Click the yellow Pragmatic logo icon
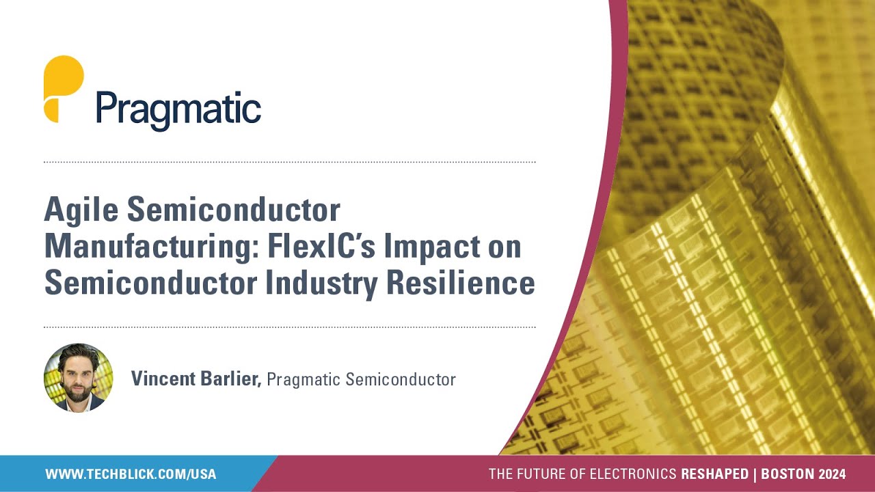[x=63, y=89]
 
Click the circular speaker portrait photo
[x=78, y=378]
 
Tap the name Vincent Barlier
[x=196, y=379]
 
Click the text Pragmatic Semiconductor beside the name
[x=361, y=379]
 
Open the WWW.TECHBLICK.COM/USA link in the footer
[x=131, y=474]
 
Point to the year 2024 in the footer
[x=832, y=474]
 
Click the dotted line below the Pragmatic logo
[x=289, y=163]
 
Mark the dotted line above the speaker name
[x=289, y=327]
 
